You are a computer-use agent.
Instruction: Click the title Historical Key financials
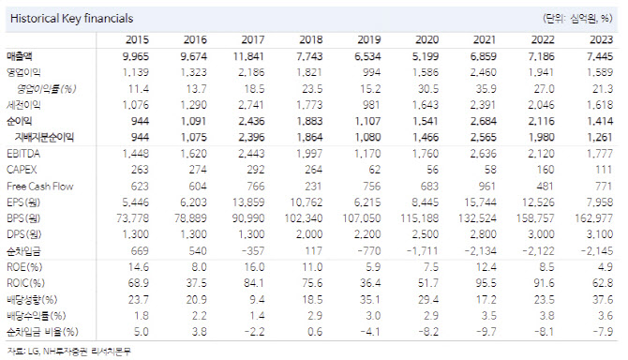click(71, 19)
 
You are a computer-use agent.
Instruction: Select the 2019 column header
click(369, 39)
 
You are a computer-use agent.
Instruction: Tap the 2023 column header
click(601, 39)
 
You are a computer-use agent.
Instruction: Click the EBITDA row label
click(23, 154)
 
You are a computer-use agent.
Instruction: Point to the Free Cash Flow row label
click(40, 187)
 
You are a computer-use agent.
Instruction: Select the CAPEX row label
click(22, 170)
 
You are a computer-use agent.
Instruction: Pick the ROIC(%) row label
click(25, 283)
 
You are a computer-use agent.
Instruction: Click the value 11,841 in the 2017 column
click(248, 56)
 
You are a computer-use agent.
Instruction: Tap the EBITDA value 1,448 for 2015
click(135, 154)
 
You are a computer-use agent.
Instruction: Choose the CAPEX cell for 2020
click(432, 170)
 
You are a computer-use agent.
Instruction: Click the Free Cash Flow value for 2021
click(486, 187)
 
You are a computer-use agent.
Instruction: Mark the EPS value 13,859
click(248, 202)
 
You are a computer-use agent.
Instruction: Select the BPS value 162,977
click(594, 218)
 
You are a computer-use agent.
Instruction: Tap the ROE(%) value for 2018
click(312, 267)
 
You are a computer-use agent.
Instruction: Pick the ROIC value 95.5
click(486, 283)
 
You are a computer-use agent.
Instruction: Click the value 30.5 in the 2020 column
click(428, 88)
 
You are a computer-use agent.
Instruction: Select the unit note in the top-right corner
click(577, 19)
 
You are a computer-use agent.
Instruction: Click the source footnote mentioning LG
click(68, 352)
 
